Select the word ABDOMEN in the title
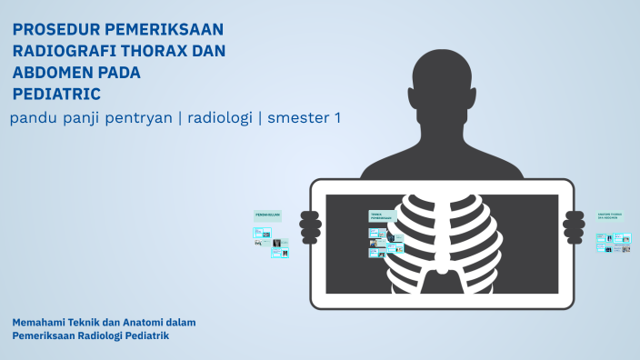coord(56,73)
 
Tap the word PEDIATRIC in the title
coord(56,94)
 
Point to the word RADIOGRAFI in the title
coord(62,51)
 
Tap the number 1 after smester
coord(336,118)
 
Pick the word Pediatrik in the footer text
coord(148,335)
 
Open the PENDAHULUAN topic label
coord(267,215)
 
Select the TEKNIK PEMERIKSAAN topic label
coord(381,217)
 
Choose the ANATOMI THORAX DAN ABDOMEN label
coord(610,216)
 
